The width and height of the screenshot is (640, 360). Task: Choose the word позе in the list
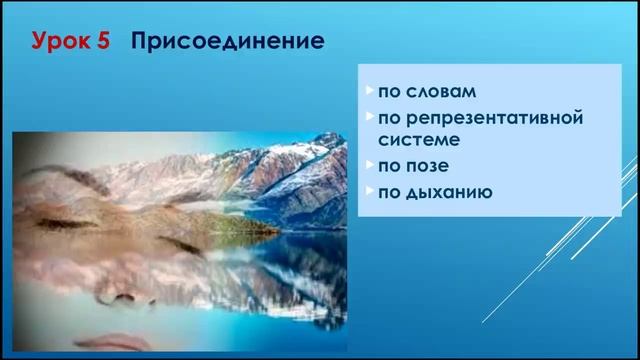pyautogui.click(x=423, y=165)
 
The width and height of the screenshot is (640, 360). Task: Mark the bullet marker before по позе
pyautogui.click(x=370, y=165)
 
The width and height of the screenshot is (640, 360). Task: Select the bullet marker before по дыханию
pyautogui.click(x=370, y=190)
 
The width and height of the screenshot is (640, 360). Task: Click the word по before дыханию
pyautogui.click(x=389, y=190)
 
